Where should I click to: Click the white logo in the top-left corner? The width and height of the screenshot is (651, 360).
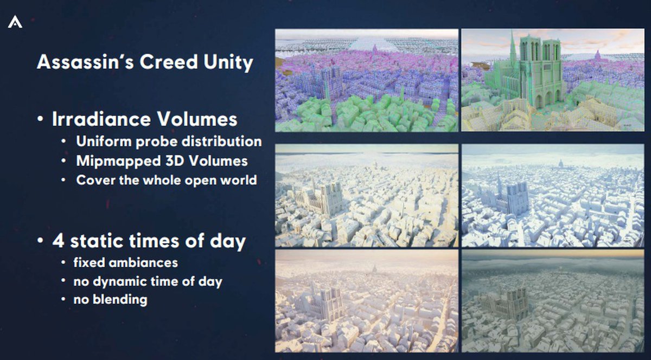click(15, 22)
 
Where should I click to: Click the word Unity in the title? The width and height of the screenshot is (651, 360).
click(228, 63)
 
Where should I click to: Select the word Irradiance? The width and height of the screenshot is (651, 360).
click(101, 119)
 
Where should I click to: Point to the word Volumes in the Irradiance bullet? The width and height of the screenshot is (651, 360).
click(197, 119)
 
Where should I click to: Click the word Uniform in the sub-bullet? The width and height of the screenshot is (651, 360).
click(103, 142)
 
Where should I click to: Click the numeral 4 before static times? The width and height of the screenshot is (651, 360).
click(58, 241)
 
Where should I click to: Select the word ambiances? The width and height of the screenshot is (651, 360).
click(143, 262)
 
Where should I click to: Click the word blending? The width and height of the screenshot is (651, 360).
click(120, 300)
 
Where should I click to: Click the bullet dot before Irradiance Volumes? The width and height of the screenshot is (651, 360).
click(40, 119)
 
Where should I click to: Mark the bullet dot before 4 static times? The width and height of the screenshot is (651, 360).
click(40, 241)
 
